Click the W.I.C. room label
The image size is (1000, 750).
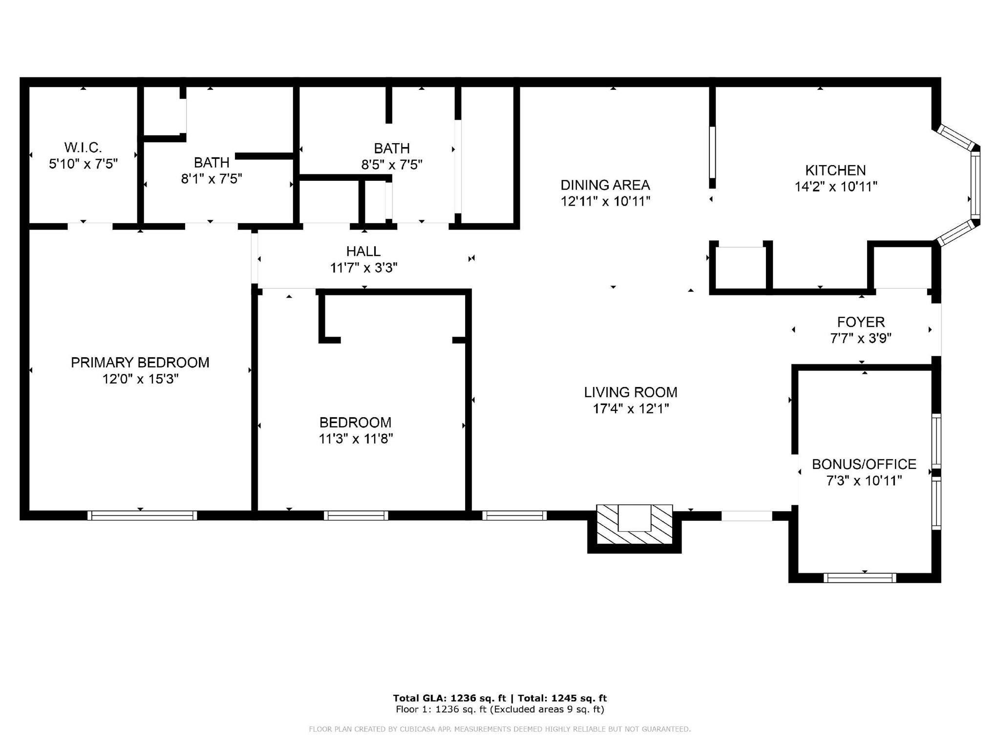[83, 147]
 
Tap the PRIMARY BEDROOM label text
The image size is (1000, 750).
[140, 363]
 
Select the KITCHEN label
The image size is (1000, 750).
[835, 171]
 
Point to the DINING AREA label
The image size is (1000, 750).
[605, 185]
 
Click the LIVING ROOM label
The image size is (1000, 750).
[631, 392]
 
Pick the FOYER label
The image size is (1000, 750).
[861, 322]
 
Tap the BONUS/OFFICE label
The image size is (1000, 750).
[864, 464]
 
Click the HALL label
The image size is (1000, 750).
[363, 251]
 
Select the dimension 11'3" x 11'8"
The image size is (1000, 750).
[356, 439]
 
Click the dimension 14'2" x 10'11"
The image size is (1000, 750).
[836, 187]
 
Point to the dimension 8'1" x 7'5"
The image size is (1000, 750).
[212, 179]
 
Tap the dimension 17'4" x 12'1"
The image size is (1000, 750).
[631, 408]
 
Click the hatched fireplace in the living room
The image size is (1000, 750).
[635, 524]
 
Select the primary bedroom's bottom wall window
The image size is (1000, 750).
[142, 515]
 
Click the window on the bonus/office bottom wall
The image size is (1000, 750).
[860, 578]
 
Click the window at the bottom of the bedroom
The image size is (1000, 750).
[356, 515]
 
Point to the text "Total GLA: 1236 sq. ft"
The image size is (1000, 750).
[449, 698]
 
